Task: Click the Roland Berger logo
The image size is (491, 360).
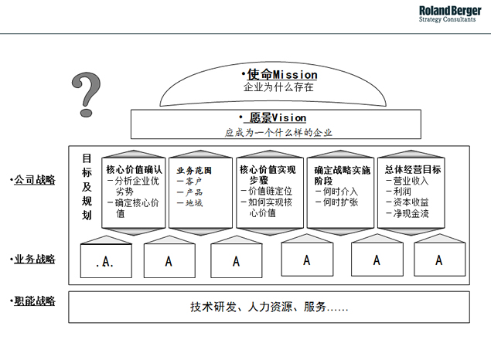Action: (x=450, y=14)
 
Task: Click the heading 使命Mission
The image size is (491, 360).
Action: (x=282, y=75)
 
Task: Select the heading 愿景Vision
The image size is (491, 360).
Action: (x=278, y=118)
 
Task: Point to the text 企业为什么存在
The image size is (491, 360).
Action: (x=278, y=87)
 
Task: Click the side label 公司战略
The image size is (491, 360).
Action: (x=35, y=180)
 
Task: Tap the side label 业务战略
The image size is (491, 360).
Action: (x=35, y=260)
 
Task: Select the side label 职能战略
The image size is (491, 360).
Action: (x=35, y=301)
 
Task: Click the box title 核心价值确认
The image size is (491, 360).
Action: (x=134, y=169)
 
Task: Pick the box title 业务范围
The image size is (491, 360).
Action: (x=194, y=171)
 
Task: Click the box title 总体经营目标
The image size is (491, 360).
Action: (x=413, y=169)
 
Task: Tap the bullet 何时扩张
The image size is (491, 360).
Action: (x=341, y=202)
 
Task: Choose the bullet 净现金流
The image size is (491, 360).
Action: (x=411, y=214)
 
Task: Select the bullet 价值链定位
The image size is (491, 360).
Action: (x=270, y=191)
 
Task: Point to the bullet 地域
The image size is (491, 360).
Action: (x=194, y=203)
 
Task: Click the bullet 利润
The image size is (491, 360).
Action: (x=402, y=191)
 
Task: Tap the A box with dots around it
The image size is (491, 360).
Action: (x=106, y=261)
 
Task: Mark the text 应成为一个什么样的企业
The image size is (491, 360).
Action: (x=278, y=133)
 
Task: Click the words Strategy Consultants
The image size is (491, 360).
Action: (x=447, y=19)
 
